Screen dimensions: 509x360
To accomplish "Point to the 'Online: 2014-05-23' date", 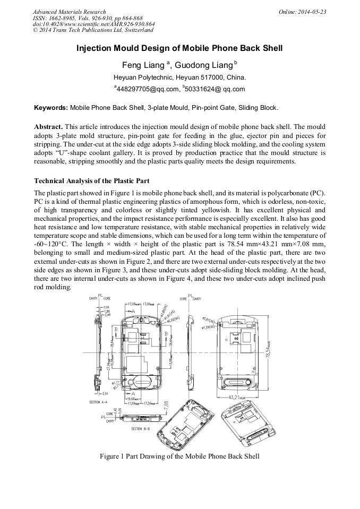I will pos(302,12).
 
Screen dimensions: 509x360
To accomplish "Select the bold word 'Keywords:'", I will pos(50,108).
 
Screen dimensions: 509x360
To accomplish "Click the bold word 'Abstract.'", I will pos(48,127).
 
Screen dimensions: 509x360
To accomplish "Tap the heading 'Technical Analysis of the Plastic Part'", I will pos(91,181).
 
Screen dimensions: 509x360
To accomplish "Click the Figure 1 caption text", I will pos(179,456).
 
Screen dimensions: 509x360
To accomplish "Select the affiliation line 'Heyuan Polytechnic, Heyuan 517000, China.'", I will pos(179,77).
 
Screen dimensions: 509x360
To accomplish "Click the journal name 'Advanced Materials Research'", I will pos(69,12).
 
